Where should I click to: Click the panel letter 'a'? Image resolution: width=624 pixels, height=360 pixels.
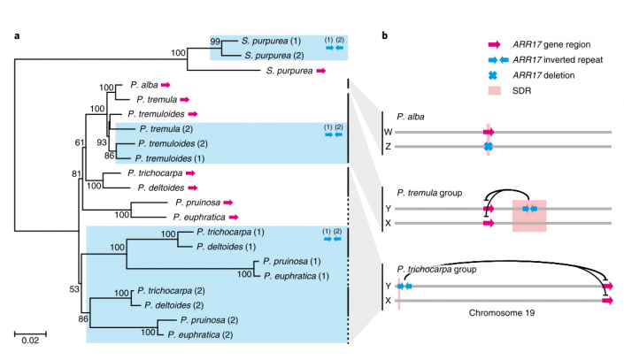[x=17, y=36]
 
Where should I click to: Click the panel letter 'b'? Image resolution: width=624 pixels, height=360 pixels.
[x=384, y=36]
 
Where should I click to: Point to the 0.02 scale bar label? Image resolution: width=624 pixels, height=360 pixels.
[x=29, y=341]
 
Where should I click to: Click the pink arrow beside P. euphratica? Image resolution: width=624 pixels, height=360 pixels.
[x=234, y=216]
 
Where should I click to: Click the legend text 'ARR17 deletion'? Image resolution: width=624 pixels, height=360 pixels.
[x=543, y=74]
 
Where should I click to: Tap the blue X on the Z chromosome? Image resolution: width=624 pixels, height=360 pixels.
[x=488, y=146]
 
